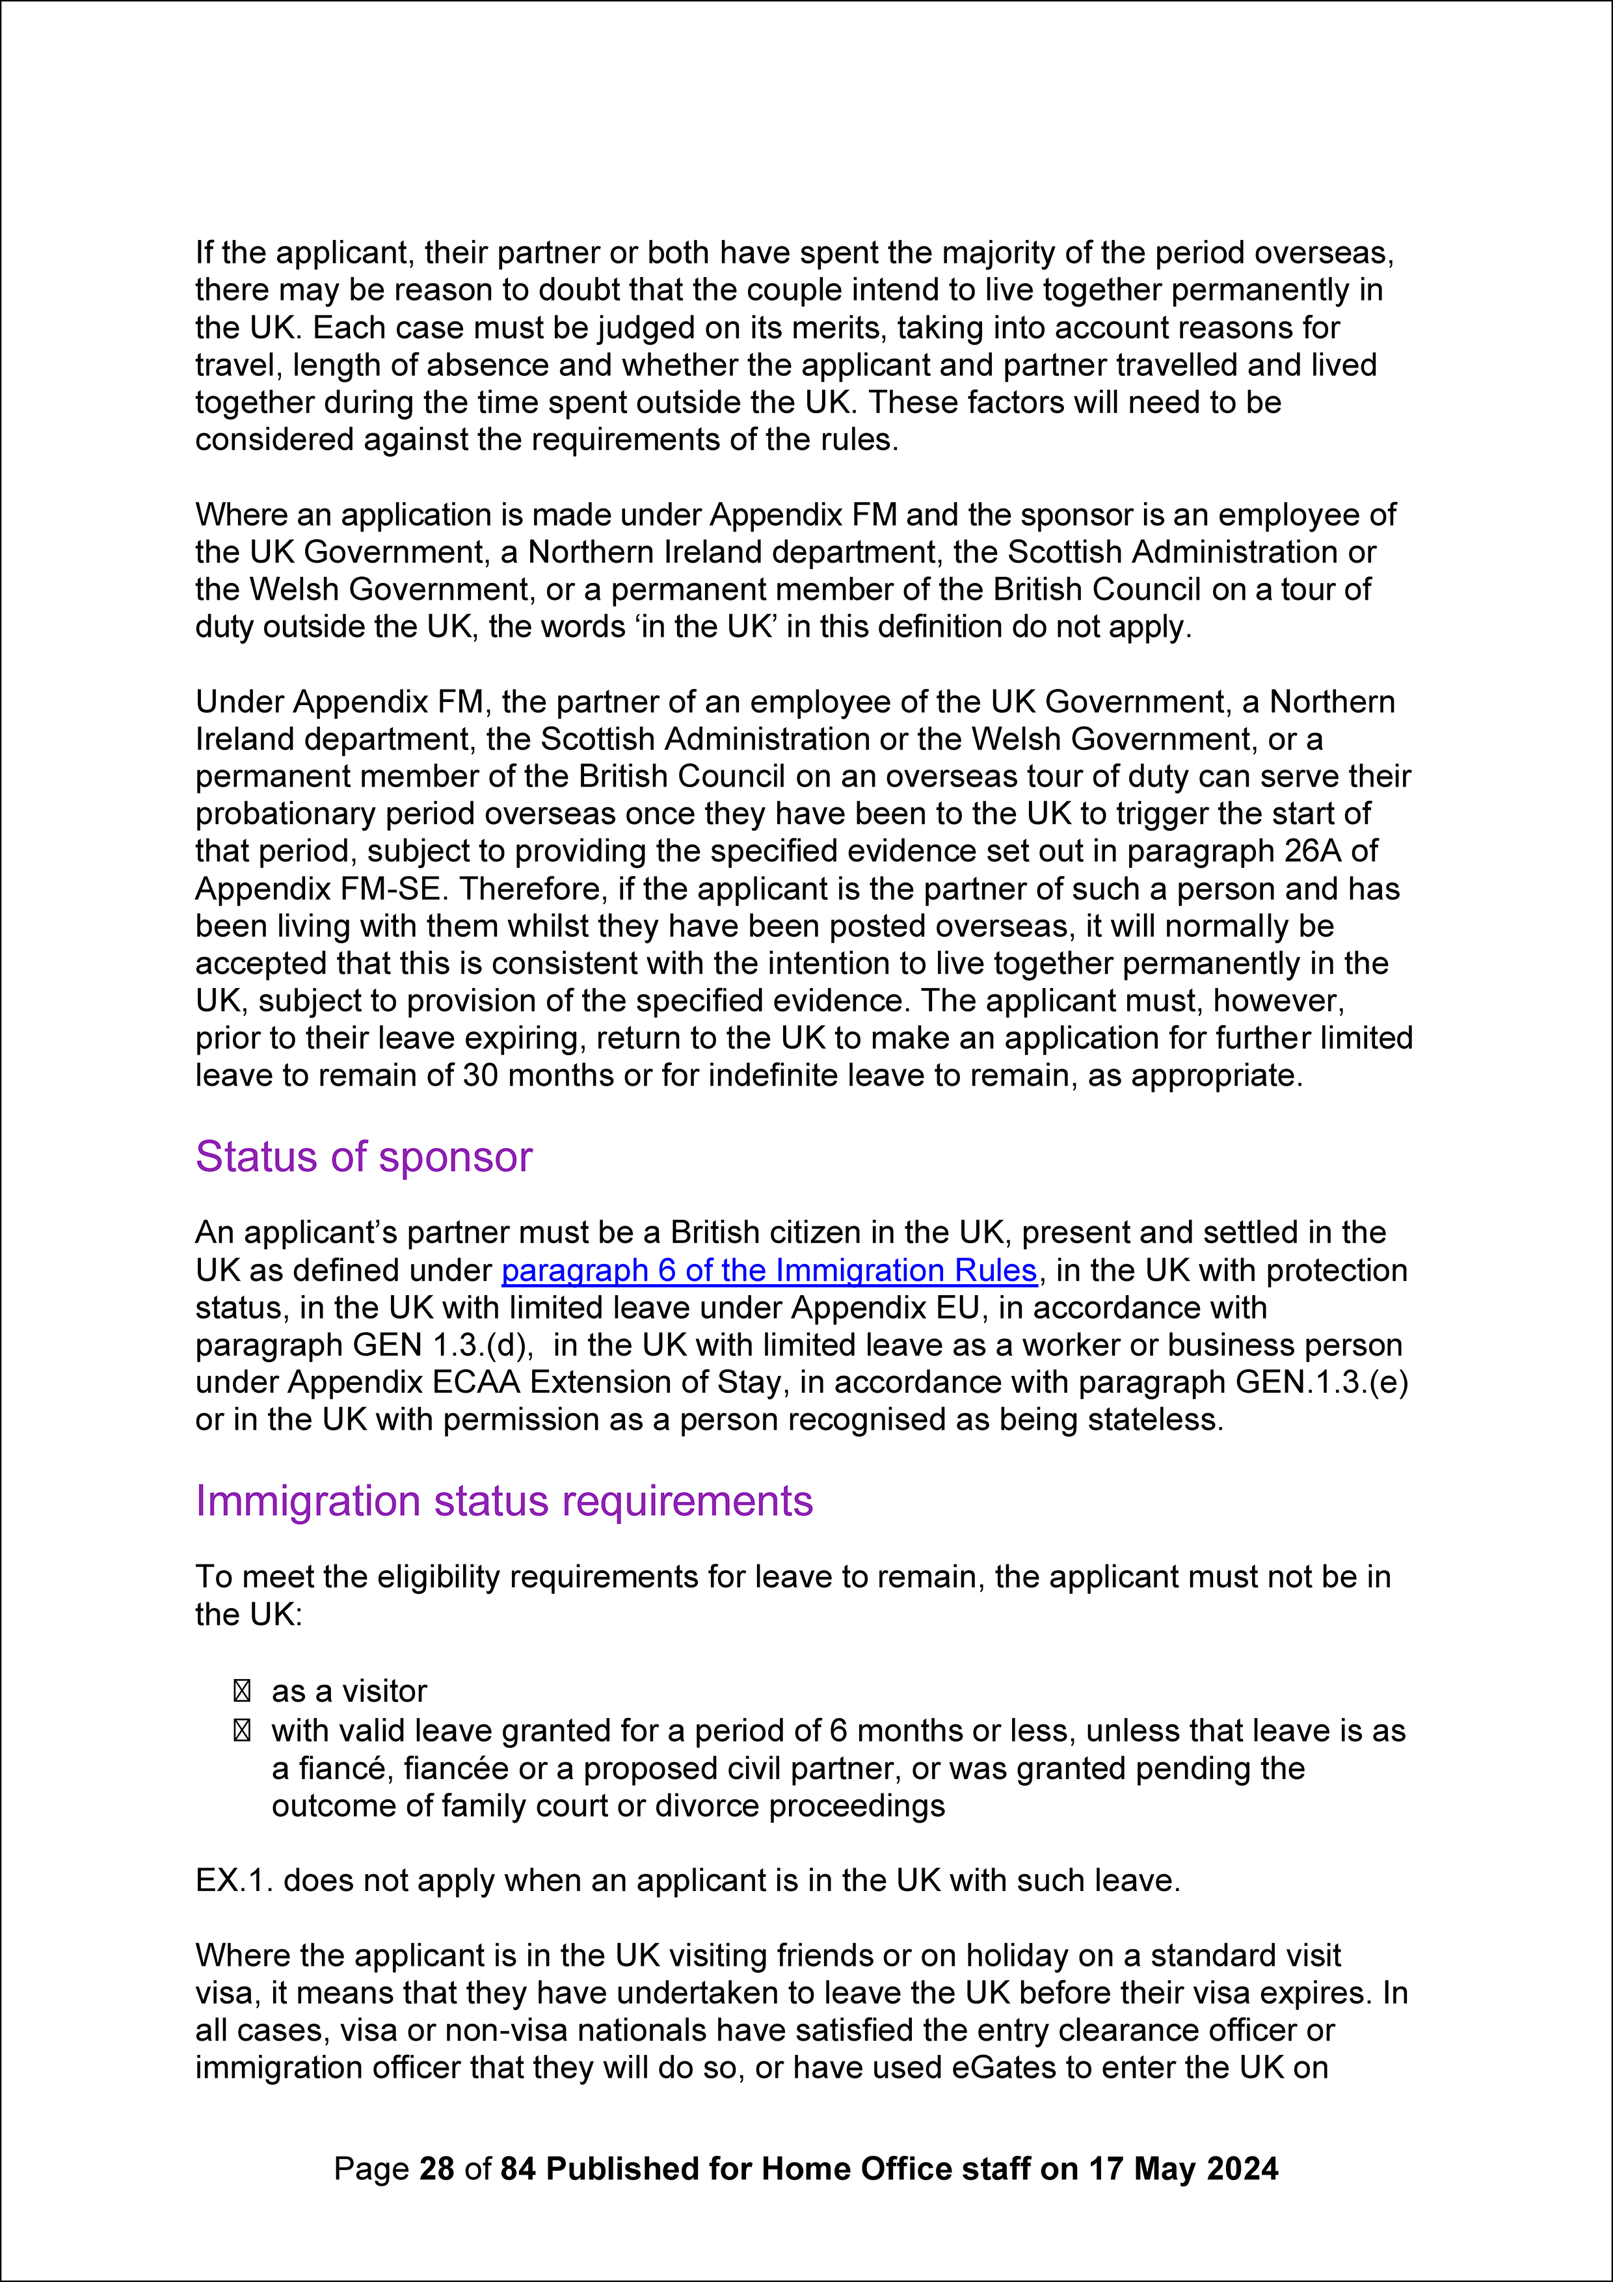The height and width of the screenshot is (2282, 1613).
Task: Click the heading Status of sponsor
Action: point(364,1157)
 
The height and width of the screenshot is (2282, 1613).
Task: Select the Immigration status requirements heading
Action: point(504,1501)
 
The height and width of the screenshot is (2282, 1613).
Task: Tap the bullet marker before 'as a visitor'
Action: point(241,1691)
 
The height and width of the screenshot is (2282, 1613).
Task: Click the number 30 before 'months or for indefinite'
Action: point(481,1075)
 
